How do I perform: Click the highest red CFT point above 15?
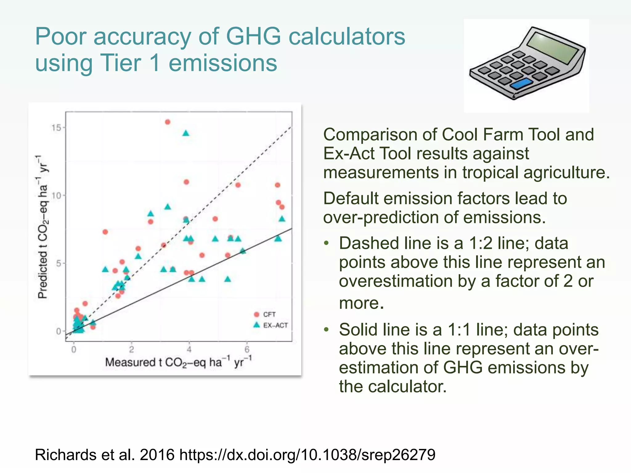[x=168, y=122]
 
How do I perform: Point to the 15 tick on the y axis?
[x=57, y=127]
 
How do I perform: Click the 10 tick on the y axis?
[x=57, y=196]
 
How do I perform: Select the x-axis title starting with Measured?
[x=178, y=362]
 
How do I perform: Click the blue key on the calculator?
[x=522, y=83]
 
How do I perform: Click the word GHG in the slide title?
[x=253, y=36]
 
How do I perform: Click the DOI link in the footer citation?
[x=307, y=455]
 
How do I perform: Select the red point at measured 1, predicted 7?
[x=105, y=232]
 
